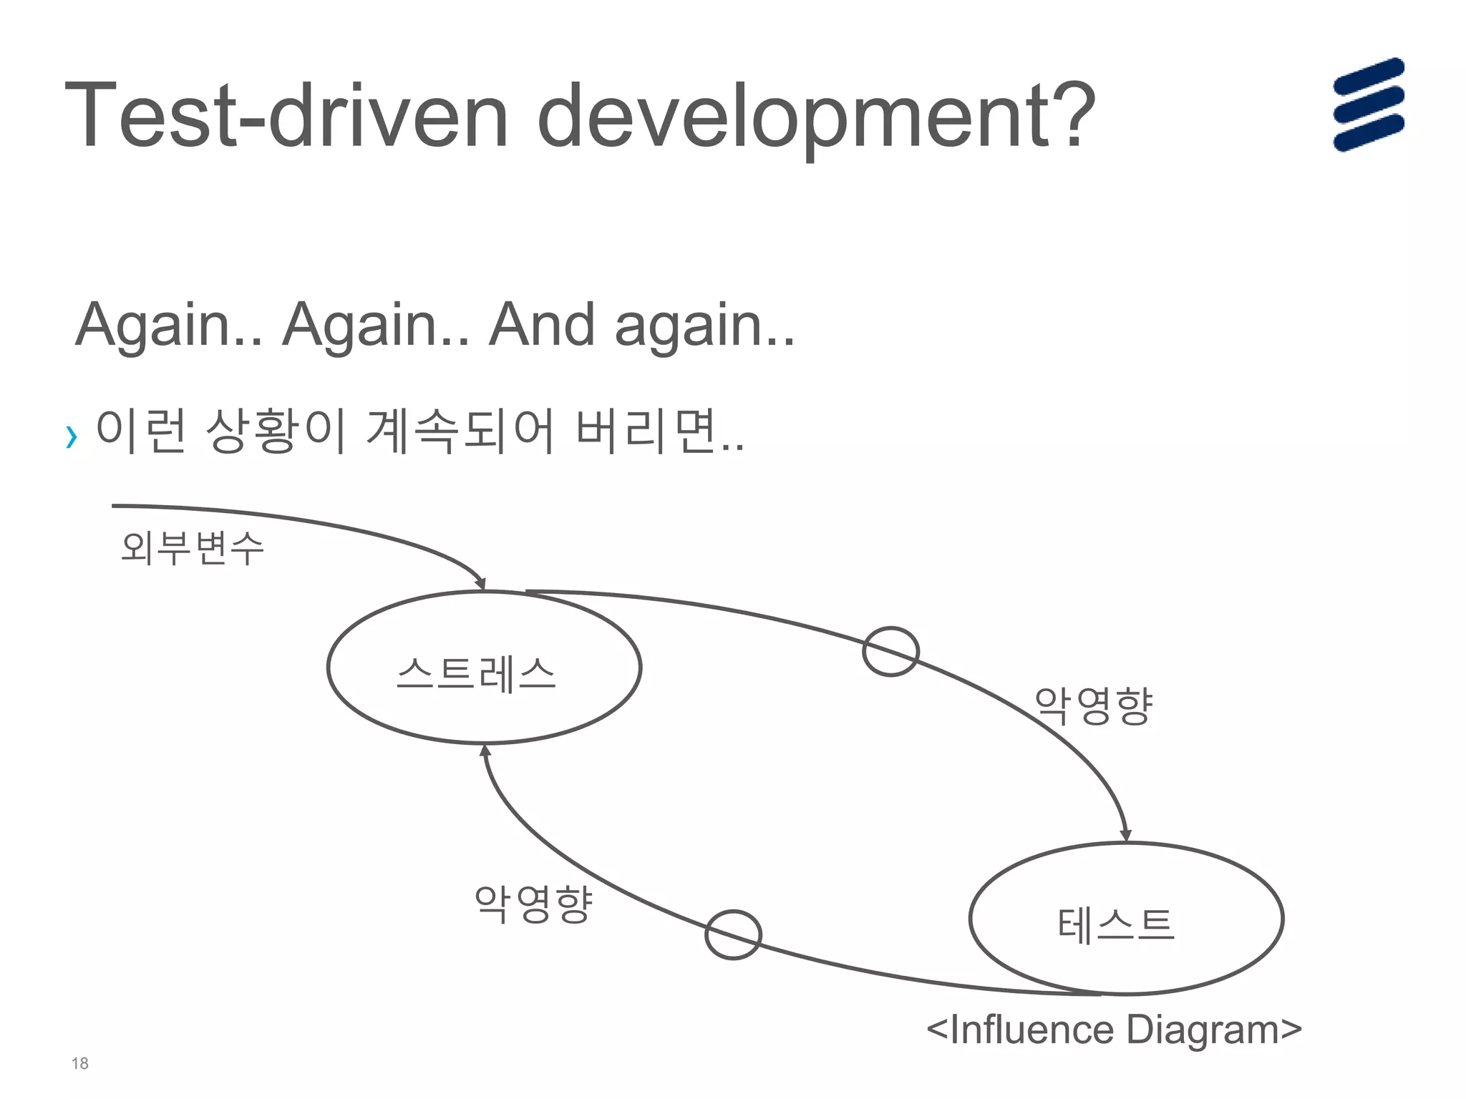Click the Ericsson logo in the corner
click(x=1368, y=104)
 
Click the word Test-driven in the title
click(x=286, y=116)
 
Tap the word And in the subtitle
click(x=541, y=325)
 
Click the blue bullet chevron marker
click(x=71, y=436)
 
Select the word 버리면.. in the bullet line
click(x=659, y=431)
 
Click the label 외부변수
click(x=192, y=548)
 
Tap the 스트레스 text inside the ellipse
click(x=476, y=673)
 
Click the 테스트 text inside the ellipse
click(x=1116, y=924)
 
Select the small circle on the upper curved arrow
click(x=890, y=651)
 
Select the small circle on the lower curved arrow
click(x=732, y=934)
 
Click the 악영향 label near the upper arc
click(x=1093, y=705)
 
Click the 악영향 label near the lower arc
click(x=533, y=904)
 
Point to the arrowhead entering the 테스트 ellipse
click(x=1125, y=835)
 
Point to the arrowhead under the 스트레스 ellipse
click(x=485, y=751)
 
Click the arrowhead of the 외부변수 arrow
click(x=480, y=583)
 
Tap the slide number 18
click(x=79, y=1063)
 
